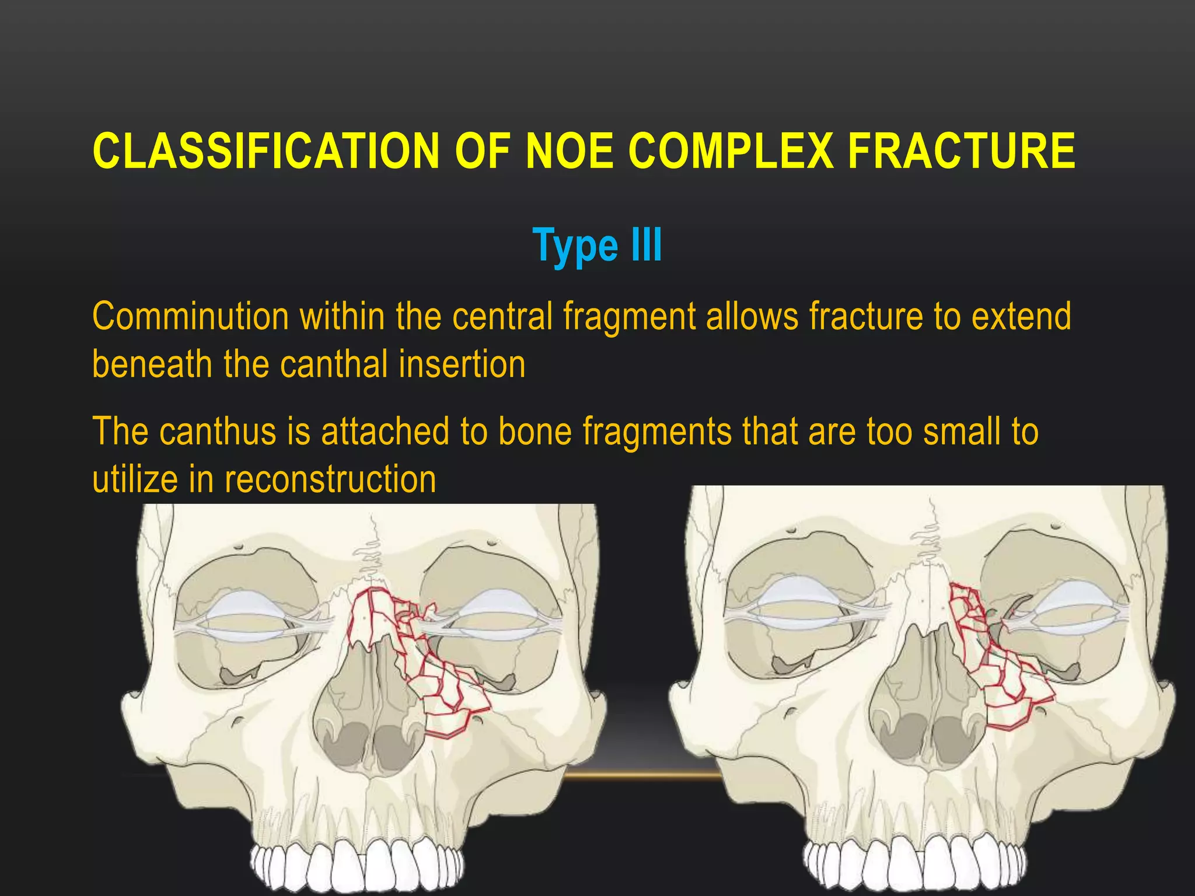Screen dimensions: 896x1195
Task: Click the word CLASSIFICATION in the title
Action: (266, 151)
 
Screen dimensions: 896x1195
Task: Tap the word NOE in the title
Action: (569, 151)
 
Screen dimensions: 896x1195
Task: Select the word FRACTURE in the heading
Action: (962, 151)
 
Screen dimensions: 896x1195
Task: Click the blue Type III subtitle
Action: (597, 246)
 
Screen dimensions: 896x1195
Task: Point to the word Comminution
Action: (190, 317)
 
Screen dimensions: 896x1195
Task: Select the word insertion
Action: (462, 364)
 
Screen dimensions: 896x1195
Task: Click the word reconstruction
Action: (330, 480)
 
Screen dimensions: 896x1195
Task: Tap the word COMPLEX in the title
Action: (729, 151)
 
